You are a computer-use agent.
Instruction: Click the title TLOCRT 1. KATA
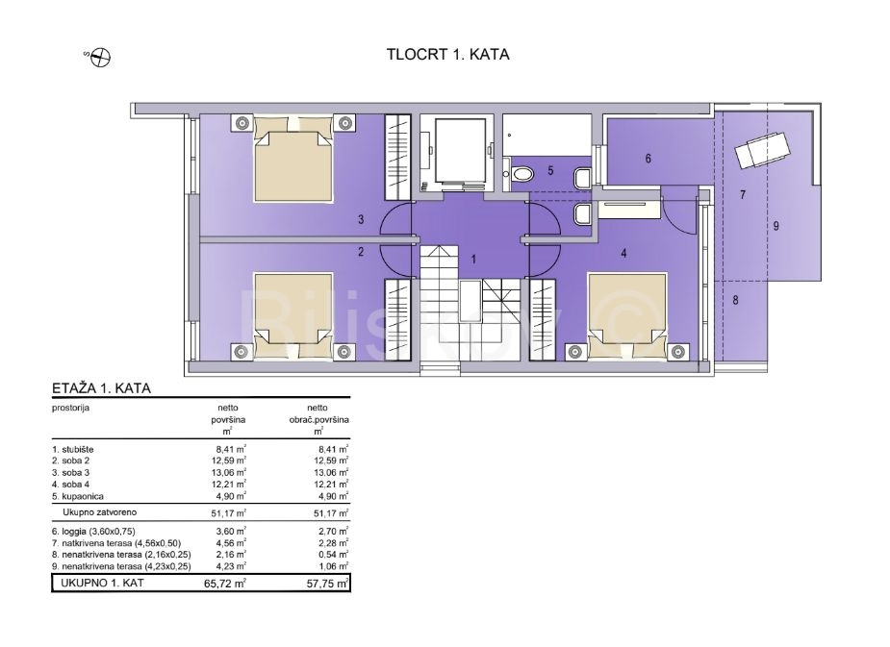pos(447,55)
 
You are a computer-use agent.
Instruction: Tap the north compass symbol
pos(101,58)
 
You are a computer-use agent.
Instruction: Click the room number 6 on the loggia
pos(648,159)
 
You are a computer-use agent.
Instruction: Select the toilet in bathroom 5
pos(522,173)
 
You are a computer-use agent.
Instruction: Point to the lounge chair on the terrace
pos(761,149)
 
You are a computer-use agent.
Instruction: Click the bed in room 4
pos(626,316)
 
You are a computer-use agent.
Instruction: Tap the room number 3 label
pos(361,219)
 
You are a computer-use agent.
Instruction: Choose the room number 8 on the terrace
pos(736,301)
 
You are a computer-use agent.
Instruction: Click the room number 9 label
pos(776,226)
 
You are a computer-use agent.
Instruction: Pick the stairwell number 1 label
pos(473,260)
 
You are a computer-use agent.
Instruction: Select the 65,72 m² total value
pos(225,583)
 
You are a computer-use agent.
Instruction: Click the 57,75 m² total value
pos(327,583)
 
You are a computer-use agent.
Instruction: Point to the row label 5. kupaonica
pos(78,497)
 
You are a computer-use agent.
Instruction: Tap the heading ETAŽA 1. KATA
pos(102,388)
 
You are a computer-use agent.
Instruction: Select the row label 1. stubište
pos(73,450)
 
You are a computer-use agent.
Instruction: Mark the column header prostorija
pos(71,408)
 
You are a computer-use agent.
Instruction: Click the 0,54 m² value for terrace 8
pos(334,555)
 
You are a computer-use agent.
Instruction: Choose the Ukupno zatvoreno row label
pos(100,512)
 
